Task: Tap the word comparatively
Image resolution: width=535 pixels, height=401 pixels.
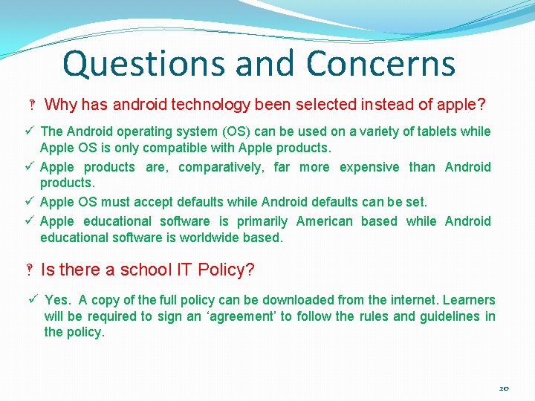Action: coord(221,167)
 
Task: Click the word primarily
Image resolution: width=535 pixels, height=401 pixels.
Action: coord(262,221)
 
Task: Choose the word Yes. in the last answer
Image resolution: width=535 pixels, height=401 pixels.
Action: coord(58,300)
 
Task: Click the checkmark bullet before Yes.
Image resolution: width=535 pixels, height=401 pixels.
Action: coord(33,299)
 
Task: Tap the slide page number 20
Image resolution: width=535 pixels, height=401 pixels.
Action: coord(505,388)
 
